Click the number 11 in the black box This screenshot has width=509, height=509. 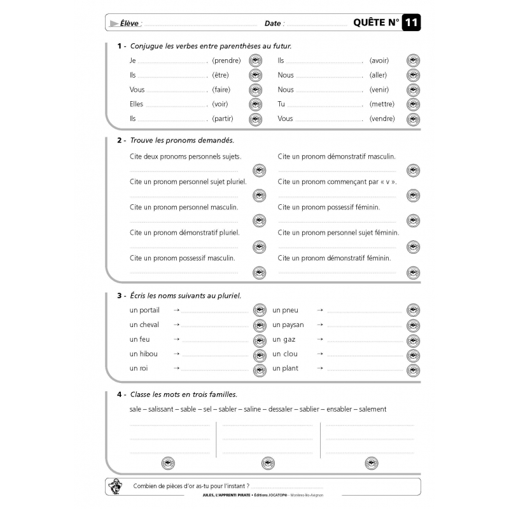tap(411, 24)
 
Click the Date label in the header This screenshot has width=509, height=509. tap(273, 24)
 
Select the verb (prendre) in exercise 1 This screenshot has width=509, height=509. tap(227, 61)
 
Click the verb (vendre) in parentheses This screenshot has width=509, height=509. tap(382, 119)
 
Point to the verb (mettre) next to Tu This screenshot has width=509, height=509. tap(382, 104)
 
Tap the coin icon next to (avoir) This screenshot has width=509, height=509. tap(414, 61)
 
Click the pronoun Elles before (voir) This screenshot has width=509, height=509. tap(137, 104)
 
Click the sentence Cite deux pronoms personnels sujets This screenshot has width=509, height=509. tap(185, 156)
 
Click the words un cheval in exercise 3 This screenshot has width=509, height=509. tap(144, 325)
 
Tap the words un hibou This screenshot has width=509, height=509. tap(143, 354)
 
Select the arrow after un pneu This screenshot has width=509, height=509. tap(320, 310)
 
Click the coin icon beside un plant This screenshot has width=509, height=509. tap(413, 369)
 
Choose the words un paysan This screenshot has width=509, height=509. tap(288, 325)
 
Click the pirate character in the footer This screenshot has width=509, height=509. tap(115, 485)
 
